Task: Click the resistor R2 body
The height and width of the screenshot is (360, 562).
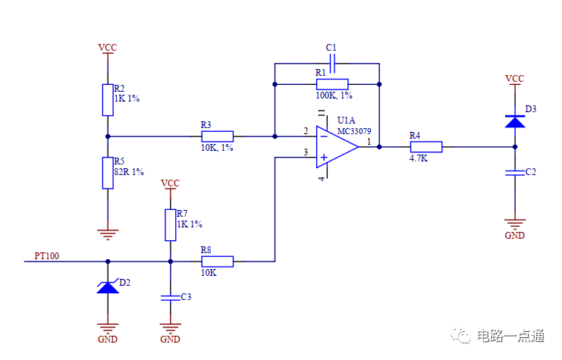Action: tap(107, 99)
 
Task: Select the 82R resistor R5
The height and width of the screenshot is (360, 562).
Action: tap(107, 173)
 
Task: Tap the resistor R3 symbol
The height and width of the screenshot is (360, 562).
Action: tap(217, 136)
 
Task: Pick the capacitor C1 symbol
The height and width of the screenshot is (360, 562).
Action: tap(331, 64)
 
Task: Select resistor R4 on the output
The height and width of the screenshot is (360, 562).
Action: tap(425, 146)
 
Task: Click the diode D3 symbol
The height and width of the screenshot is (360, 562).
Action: tap(515, 120)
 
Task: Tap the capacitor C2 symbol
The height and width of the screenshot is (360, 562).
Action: tap(515, 174)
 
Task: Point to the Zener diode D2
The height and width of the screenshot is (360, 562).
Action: tap(107, 286)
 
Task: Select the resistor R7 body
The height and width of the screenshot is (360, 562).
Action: tap(170, 224)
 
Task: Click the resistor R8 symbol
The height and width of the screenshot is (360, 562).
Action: tap(217, 261)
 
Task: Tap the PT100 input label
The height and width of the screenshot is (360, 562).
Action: tap(47, 256)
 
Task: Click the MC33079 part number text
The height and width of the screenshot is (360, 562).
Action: tap(354, 130)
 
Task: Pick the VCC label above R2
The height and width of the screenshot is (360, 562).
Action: tap(107, 48)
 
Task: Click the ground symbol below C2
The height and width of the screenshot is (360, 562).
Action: tap(515, 224)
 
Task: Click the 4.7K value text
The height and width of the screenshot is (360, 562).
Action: tap(419, 159)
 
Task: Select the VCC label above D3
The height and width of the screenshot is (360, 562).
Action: tap(515, 78)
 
